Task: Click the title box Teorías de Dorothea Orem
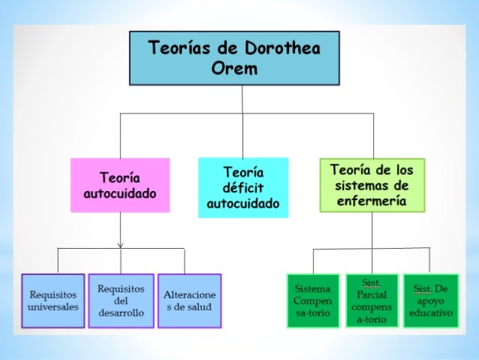point(234,58)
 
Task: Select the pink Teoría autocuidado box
point(120,185)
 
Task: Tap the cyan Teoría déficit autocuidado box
point(243,187)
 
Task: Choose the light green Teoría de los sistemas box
point(372,184)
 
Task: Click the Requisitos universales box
point(53,301)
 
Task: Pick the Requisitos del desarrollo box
point(121,301)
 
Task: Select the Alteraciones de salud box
point(189,301)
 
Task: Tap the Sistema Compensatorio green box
point(313,301)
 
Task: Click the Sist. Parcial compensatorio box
point(372,301)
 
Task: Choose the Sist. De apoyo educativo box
point(430,301)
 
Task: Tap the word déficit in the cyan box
point(243,188)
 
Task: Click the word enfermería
point(372,201)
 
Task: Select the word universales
point(53,307)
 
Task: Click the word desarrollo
point(121,313)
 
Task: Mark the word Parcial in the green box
point(372,295)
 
